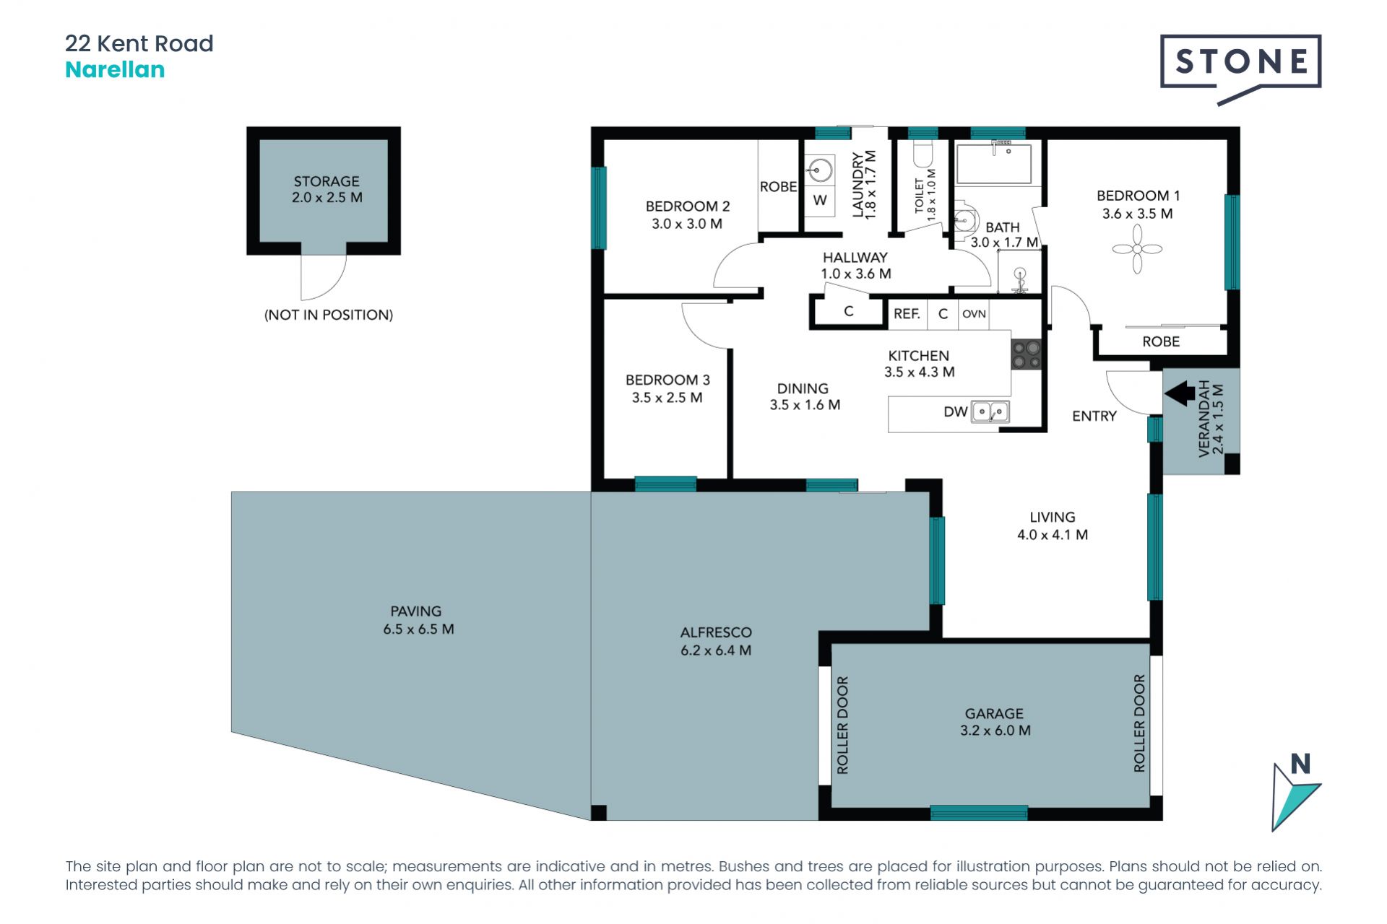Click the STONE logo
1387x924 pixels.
tap(1240, 69)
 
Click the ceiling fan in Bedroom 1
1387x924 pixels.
tap(1137, 249)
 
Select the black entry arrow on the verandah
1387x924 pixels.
tap(1180, 393)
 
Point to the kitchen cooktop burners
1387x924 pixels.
tap(1026, 354)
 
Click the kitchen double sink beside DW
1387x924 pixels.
tap(990, 411)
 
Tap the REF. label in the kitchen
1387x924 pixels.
tap(907, 314)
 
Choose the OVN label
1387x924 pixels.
tap(974, 314)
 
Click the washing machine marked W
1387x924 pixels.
tap(820, 201)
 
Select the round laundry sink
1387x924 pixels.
tap(820, 171)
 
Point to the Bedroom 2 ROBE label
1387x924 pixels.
tap(778, 187)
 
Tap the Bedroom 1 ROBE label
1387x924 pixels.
tap(1161, 341)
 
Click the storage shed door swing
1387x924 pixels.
tap(323, 277)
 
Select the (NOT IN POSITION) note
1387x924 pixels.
tap(329, 315)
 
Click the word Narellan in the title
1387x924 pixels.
tap(115, 70)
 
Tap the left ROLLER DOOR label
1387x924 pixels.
tap(842, 725)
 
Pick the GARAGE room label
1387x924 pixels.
tap(994, 713)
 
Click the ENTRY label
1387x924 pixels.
tap(1094, 416)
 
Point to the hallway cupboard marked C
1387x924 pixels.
tap(849, 311)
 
